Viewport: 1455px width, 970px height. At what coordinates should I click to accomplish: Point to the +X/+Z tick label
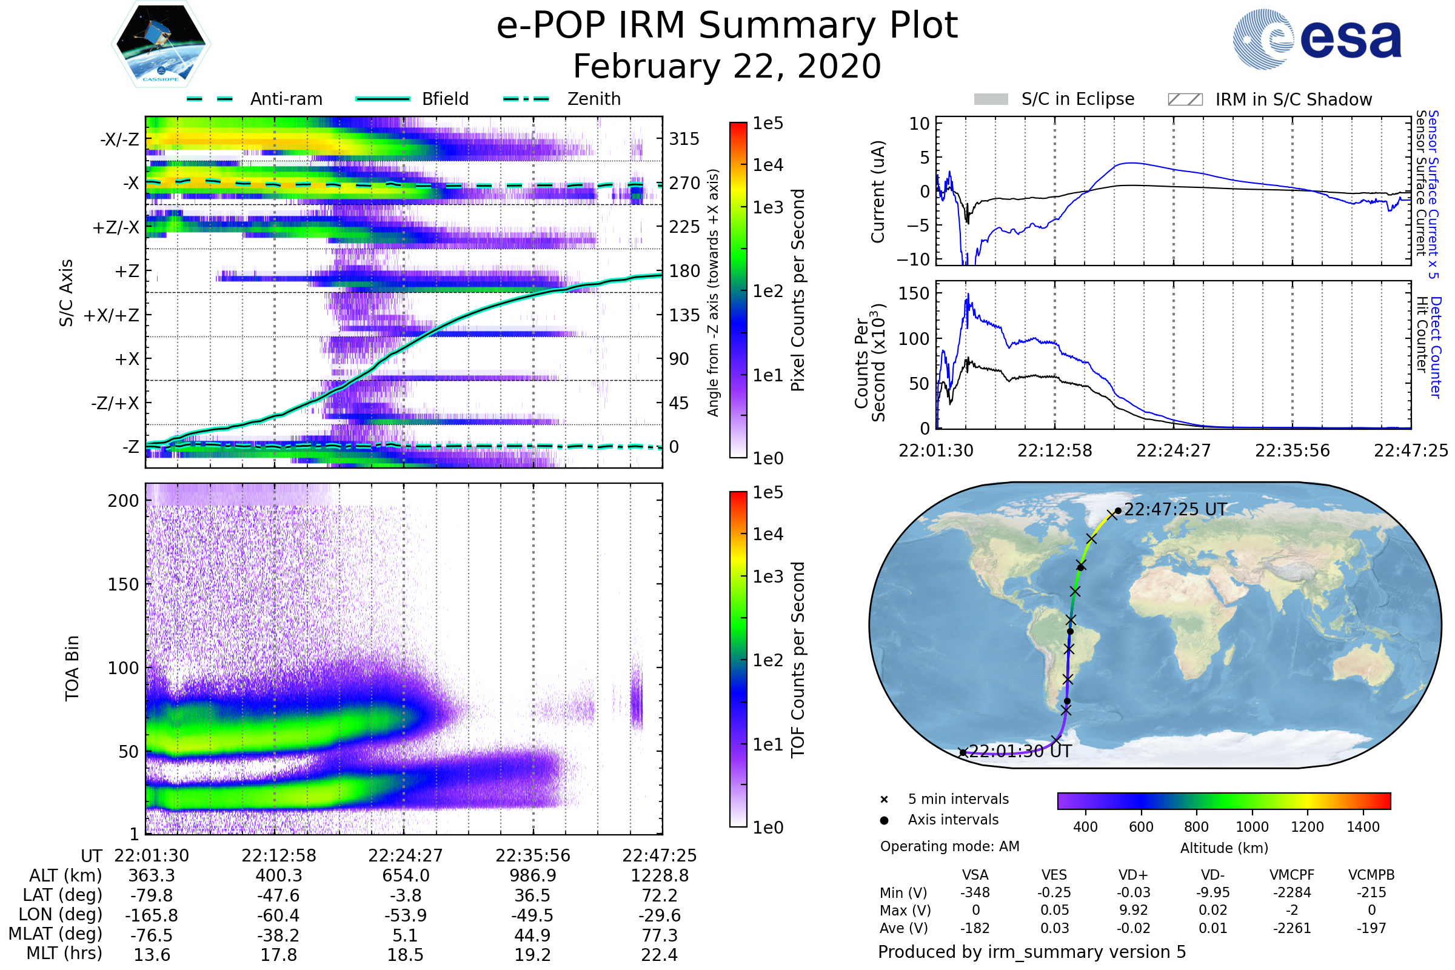click(x=112, y=315)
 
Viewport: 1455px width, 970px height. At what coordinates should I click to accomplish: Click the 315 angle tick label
click(x=684, y=139)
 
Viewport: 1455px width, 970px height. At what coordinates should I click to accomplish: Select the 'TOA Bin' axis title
click(x=72, y=668)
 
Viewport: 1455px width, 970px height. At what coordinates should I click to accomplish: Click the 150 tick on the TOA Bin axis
click(x=123, y=584)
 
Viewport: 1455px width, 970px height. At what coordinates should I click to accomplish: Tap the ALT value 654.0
click(x=406, y=875)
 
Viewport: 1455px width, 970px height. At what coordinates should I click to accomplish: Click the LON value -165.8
click(x=152, y=915)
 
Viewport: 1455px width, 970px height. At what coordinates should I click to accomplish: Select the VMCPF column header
click(x=1292, y=875)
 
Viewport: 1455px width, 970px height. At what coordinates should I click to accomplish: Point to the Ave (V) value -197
click(x=1371, y=928)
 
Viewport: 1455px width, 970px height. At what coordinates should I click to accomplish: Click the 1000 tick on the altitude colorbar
click(x=1252, y=827)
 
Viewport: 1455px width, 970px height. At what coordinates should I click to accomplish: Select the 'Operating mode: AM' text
click(x=949, y=846)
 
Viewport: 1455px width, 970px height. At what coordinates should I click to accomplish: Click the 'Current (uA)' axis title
click(x=878, y=192)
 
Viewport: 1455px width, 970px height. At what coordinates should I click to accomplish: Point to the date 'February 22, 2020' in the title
click(x=727, y=66)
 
